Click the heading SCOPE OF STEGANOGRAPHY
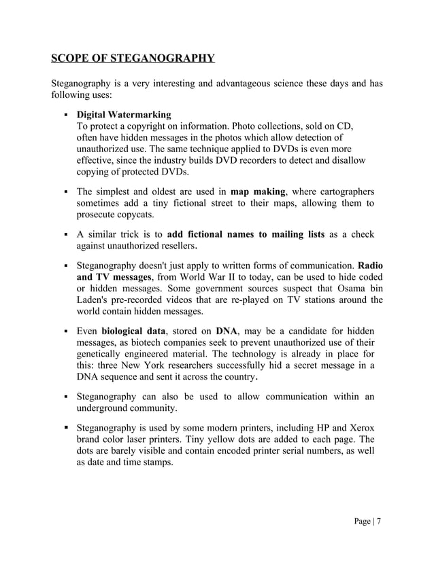coord(133,57)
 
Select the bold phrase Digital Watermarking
coord(123,114)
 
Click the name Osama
coord(337,289)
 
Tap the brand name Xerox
coord(359,428)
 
